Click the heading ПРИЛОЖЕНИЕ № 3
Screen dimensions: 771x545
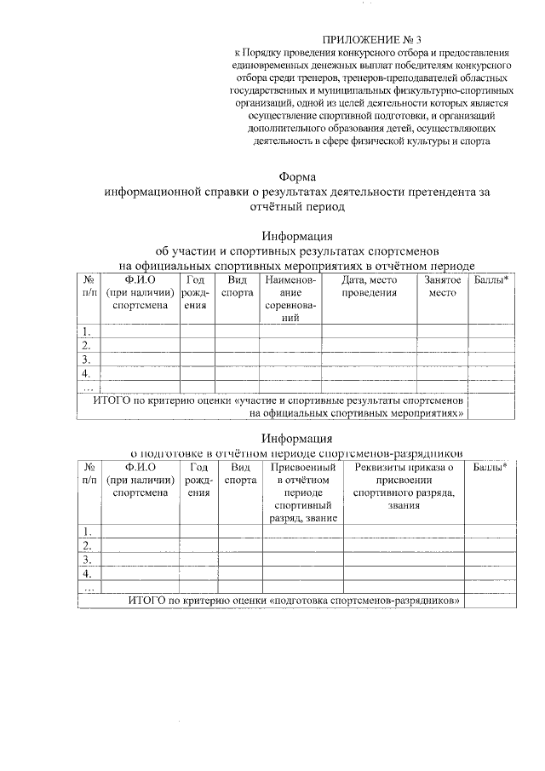point(371,39)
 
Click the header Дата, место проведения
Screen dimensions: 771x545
point(370,286)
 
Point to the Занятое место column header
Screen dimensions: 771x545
point(443,286)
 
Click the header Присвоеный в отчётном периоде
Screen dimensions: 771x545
point(302,492)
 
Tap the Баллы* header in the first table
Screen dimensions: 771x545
point(490,280)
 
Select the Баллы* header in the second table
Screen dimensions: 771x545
point(490,467)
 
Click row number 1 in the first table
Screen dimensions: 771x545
point(86,331)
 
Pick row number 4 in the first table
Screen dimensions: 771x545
point(86,373)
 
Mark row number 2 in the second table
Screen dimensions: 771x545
point(86,545)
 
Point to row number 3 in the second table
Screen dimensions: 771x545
point(86,560)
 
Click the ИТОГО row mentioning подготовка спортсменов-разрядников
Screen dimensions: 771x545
point(295,600)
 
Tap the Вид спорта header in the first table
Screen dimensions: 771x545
point(237,286)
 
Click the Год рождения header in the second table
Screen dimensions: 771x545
point(198,480)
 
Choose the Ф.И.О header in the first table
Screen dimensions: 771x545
point(140,286)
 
